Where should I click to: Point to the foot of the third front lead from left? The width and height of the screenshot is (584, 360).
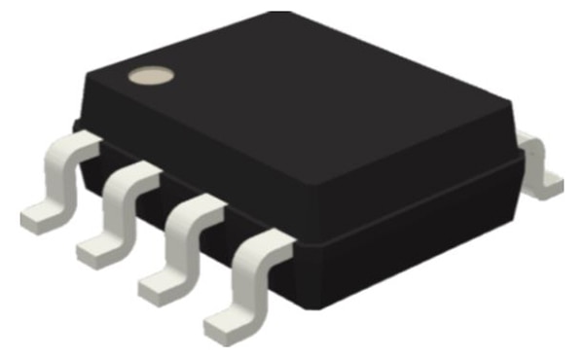click(x=160, y=283)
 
